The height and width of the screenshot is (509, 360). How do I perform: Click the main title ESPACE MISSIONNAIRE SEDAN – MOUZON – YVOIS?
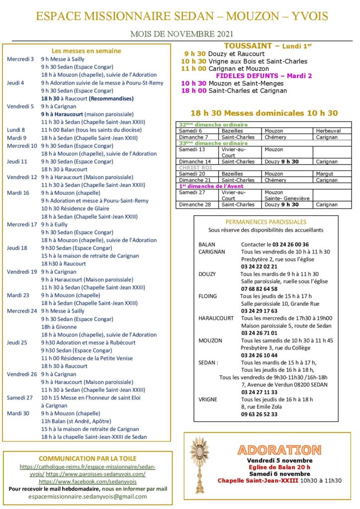[x=182, y=16]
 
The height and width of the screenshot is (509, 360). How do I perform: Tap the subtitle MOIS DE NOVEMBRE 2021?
[x=181, y=34]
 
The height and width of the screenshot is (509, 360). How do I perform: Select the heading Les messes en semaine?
[x=86, y=51]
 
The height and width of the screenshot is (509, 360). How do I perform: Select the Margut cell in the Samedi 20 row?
[x=324, y=174]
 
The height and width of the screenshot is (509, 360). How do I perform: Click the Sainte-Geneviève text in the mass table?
[x=286, y=198]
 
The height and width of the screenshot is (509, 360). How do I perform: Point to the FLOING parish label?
[x=207, y=296]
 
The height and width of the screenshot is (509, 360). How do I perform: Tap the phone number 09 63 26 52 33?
[x=259, y=414]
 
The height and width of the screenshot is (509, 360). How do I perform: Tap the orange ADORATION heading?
[x=279, y=450]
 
